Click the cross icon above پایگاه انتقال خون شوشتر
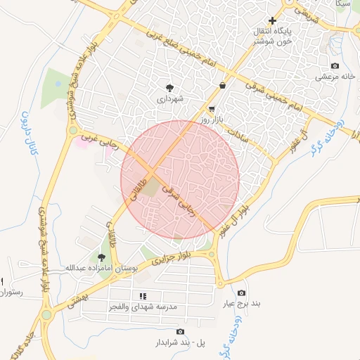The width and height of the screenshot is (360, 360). [x=272, y=20]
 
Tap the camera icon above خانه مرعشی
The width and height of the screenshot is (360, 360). [x=335, y=65]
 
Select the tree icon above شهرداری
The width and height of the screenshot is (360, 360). [x=171, y=88]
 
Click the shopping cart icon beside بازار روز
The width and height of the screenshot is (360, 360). [x=212, y=110]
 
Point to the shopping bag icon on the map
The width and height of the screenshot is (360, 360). [x=223, y=86]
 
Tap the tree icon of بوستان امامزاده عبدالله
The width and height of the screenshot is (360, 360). [x=101, y=257]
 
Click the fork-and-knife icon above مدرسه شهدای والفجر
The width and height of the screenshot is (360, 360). [x=143, y=297]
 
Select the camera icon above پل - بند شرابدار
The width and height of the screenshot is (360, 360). [x=181, y=332]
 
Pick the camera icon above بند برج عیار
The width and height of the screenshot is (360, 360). [x=242, y=292]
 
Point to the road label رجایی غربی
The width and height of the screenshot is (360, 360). [x=98, y=139]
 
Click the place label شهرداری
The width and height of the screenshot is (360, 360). [x=171, y=100]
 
